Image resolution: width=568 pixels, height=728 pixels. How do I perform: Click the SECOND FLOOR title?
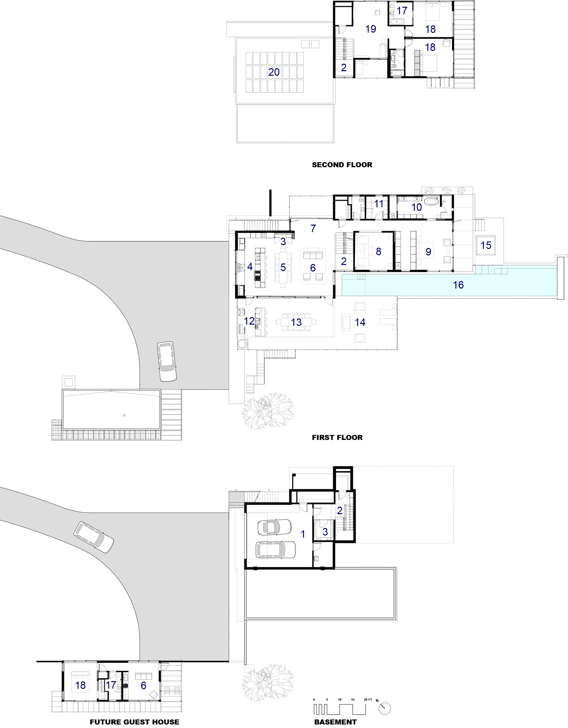coord(342,165)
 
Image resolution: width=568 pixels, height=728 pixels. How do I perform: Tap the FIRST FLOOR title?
coord(337,437)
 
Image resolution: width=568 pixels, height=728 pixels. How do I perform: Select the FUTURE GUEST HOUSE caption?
coord(134,722)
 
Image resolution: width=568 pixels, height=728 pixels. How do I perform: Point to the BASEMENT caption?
coord(335,722)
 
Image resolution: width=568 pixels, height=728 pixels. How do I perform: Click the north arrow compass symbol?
coord(385,708)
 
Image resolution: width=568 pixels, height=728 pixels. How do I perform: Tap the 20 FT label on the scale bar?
coord(368,699)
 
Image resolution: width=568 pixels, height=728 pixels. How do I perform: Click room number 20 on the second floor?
coord(274,72)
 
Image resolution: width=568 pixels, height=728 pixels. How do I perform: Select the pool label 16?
coord(458,285)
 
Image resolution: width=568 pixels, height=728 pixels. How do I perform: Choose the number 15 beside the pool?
coord(486,245)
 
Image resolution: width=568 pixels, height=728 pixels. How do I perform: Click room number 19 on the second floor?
coord(370,29)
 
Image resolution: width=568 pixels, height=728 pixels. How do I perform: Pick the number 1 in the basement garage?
coord(303,534)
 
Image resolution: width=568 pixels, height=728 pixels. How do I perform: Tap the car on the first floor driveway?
coord(167,361)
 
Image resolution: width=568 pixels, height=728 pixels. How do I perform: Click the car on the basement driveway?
coord(94,537)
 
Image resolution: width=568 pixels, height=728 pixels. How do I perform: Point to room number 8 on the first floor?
coord(379,251)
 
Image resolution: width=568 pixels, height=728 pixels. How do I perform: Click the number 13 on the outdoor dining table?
coord(296,322)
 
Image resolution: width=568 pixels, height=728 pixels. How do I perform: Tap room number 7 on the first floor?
coord(313,228)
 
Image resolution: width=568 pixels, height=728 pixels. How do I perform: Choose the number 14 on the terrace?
coord(360,322)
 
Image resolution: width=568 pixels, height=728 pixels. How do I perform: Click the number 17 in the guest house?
coord(111,685)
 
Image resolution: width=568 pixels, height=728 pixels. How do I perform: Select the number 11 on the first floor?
coord(379,203)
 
